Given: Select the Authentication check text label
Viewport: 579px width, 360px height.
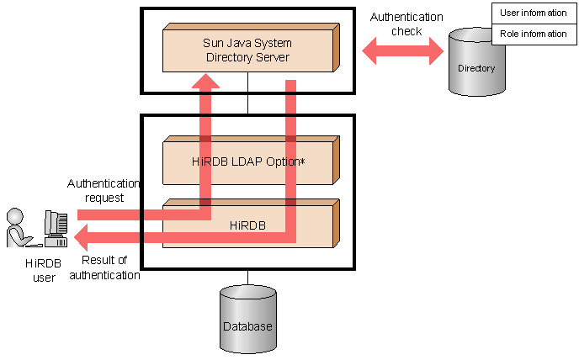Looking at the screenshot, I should pyautogui.click(x=406, y=24).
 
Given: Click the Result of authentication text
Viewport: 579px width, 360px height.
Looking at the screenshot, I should pyautogui.click(x=104, y=267).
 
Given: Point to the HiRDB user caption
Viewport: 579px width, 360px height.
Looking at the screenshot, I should pyautogui.click(x=40, y=271).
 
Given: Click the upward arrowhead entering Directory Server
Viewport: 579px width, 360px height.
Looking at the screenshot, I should pyautogui.click(x=205, y=81).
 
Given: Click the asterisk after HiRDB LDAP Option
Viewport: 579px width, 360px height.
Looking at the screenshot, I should pyautogui.click(x=300, y=160).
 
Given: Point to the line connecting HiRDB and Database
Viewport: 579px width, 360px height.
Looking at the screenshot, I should pyautogui.click(x=247, y=278).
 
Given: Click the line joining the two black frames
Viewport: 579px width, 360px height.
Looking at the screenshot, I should pyautogui.click(x=247, y=103).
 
